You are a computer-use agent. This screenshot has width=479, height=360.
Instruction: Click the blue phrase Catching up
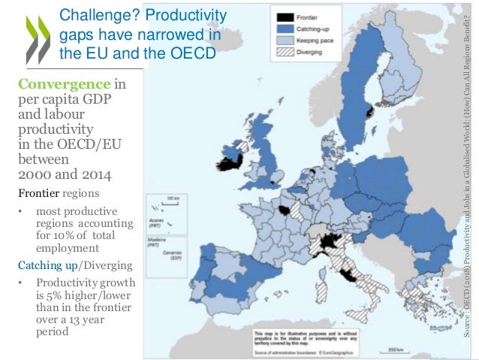43,265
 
